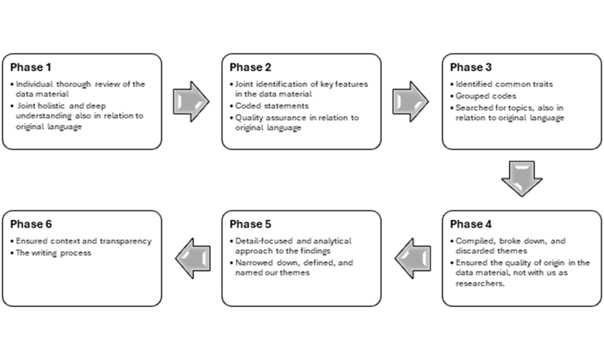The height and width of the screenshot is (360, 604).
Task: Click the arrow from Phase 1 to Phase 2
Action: pyautogui.click(x=191, y=101)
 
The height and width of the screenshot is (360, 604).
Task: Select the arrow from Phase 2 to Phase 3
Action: pyautogui.click(x=411, y=101)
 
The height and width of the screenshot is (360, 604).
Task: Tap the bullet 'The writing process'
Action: pyautogui.click(x=54, y=252)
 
